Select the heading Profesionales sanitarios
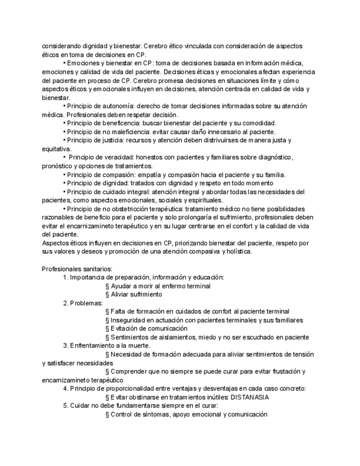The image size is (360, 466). (x=77, y=269)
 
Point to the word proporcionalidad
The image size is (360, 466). (x=124, y=389)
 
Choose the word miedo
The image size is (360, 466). (x=212, y=337)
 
